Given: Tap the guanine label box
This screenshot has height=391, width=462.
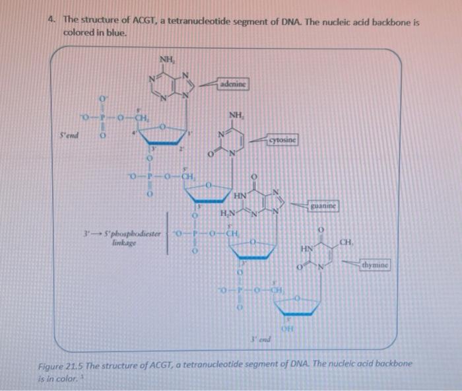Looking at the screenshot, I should point(323,206).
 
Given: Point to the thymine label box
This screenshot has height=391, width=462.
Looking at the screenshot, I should point(375,266).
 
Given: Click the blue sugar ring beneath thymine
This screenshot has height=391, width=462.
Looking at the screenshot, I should point(298,304).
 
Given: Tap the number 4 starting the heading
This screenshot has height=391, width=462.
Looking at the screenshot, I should point(51,21).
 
